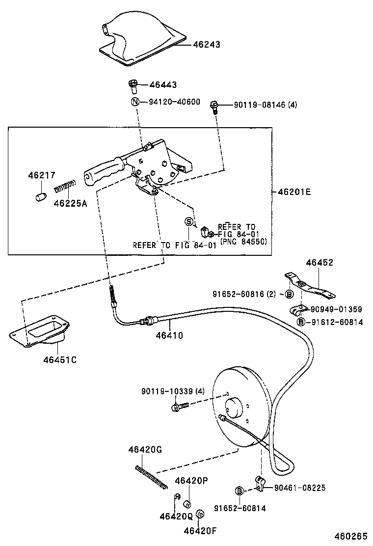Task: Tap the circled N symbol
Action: click(x=134, y=102)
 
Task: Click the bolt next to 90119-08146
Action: click(x=214, y=106)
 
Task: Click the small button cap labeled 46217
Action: click(x=39, y=197)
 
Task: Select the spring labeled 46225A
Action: click(x=65, y=187)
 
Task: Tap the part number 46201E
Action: click(x=294, y=192)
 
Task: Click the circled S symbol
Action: click(x=188, y=222)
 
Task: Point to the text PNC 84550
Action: click(x=244, y=241)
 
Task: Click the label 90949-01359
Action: click(x=337, y=309)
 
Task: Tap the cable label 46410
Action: click(x=169, y=336)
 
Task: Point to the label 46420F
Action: click(x=200, y=530)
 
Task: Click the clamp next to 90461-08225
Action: click(x=260, y=484)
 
